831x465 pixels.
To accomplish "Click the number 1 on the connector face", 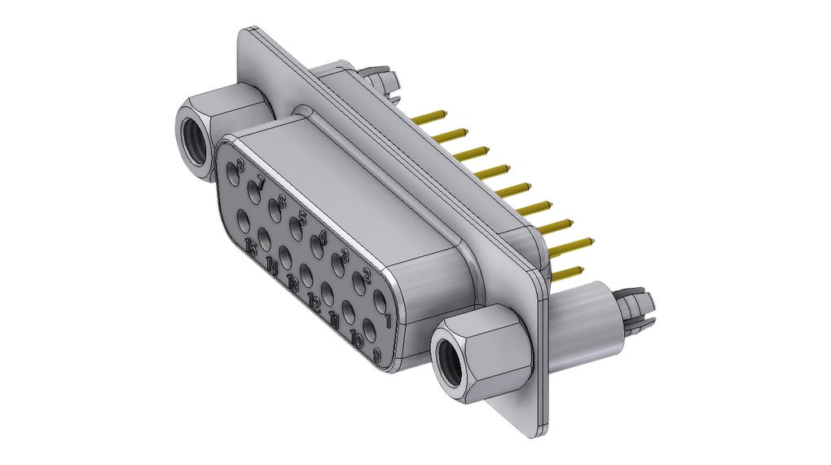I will tap(388, 319).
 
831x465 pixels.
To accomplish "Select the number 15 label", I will tap(251, 247).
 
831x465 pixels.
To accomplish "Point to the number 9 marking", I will tap(376, 355).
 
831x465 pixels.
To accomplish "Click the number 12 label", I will tap(314, 303).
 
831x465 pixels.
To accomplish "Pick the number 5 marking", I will tap(301, 219).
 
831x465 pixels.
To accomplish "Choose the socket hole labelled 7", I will tap(253, 194).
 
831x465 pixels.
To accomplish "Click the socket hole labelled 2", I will tap(358, 285).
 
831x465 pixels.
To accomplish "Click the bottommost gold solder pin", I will tap(567, 272).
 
